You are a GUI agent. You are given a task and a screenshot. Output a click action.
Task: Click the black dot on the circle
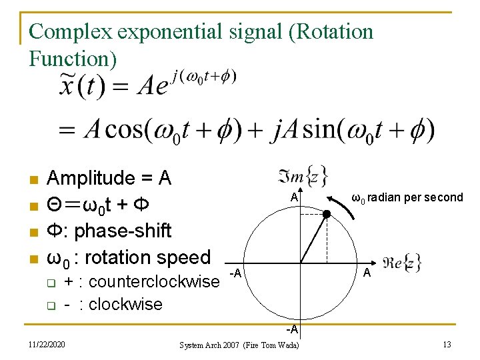click(327, 214)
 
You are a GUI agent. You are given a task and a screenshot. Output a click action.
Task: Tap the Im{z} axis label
click(293, 176)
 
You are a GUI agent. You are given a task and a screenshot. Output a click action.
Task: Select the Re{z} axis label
click(402, 263)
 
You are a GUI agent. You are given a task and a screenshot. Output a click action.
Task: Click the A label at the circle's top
click(294, 198)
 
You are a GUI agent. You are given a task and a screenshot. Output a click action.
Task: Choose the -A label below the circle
click(293, 329)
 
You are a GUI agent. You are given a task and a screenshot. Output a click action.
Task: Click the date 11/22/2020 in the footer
click(47, 345)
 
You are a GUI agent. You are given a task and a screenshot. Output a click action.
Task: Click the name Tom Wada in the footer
click(283, 345)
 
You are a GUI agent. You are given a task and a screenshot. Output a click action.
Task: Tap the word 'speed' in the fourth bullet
click(183, 257)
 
